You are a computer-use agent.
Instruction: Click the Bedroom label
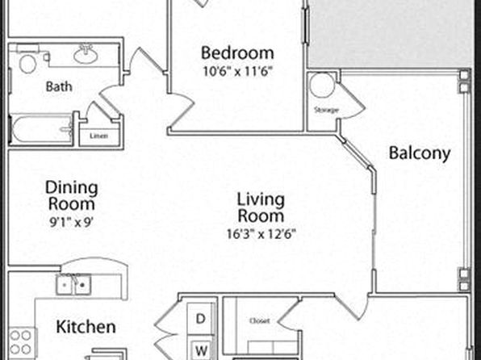pyautogui.click(x=237, y=52)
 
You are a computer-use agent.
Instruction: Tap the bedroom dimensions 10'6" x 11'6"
pyautogui.click(x=238, y=72)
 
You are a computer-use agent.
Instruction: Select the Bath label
pyautogui.click(x=59, y=86)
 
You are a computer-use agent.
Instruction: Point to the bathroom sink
pyautogui.click(x=86, y=55)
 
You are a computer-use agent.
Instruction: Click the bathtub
pyautogui.click(x=42, y=129)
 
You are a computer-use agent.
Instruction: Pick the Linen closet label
pyautogui.click(x=98, y=136)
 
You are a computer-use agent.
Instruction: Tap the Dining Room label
pyautogui.click(x=72, y=196)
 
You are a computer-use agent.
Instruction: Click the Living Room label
pyautogui.click(x=261, y=207)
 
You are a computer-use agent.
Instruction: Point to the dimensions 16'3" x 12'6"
pyautogui.click(x=261, y=234)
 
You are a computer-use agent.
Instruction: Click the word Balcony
pyautogui.click(x=420, y=153)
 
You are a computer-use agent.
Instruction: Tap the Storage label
pyautogui.click(x=327, y=110)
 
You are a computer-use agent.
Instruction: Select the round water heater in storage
pyautogui.click(x=322, y=85)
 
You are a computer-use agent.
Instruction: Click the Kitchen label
pyautogui.click(x=86, y=327)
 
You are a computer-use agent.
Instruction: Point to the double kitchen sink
pyautogui.click(x=73, y=284)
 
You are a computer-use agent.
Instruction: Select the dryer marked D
pyautogui.click(x=200, y=319)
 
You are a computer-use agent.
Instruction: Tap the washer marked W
pyautogui.click(x=201, y=350)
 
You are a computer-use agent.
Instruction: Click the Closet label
pyautogui.click(x=260, y=321)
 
